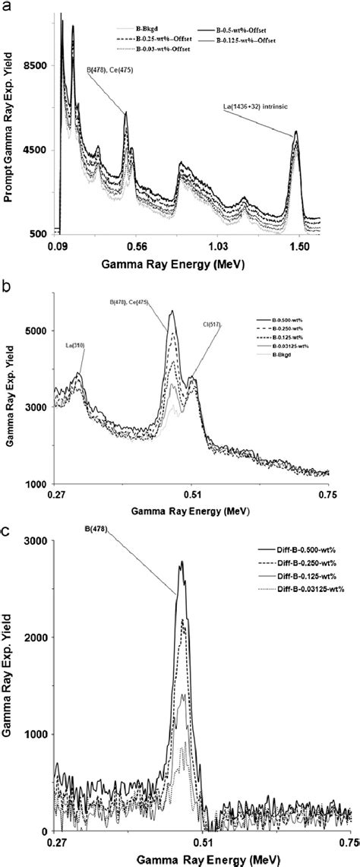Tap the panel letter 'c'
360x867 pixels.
click(7, 530)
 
